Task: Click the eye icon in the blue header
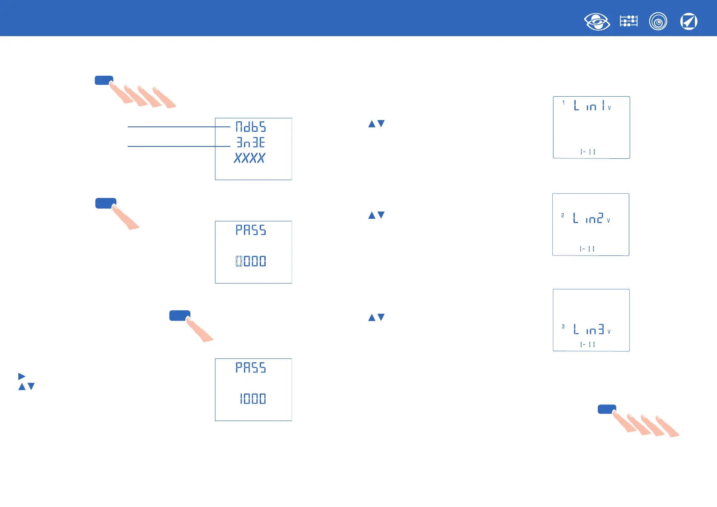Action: point(597,22)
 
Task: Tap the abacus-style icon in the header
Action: point(628,21)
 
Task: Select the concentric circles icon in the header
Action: point(658,21)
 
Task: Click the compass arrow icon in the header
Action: point(688,21)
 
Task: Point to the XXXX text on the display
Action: point(250,158)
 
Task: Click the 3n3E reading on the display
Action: point(251,142)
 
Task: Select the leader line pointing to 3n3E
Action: point(179,146)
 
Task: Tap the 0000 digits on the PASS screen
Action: point(251,261)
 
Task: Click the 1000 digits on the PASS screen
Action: point(252,398)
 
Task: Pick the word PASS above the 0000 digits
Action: point(251,230)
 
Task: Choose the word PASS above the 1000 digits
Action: point(251,368)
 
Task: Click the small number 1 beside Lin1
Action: point(563,103)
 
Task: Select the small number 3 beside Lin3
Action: point(563,327)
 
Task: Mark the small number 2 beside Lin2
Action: point(562,215)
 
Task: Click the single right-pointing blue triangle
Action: point(22,376)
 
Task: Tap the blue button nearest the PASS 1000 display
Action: point(179,315)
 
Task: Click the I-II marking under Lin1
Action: point(588,152)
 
